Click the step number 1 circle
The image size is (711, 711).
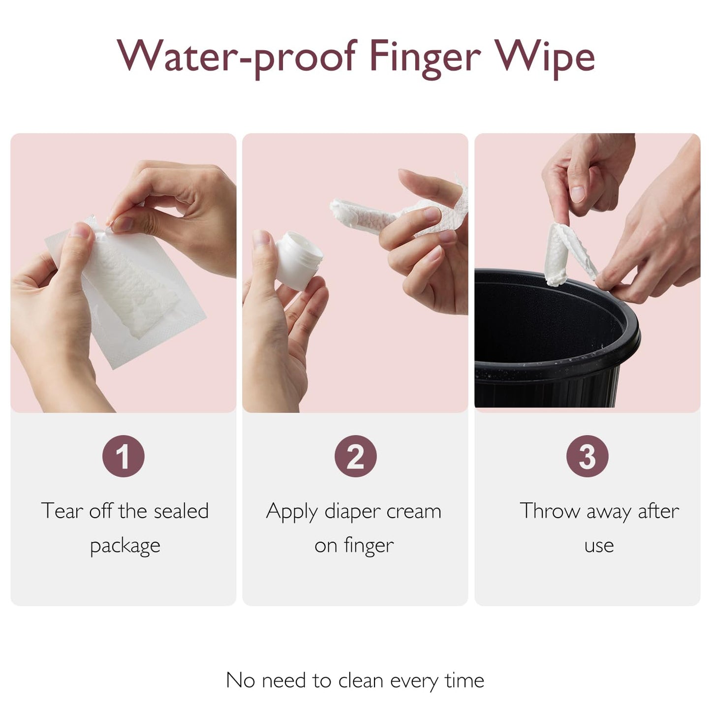click(124, 456)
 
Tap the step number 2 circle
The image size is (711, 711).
click(355, 456)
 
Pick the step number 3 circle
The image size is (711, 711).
click(587, 456)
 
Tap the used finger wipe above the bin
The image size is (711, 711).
click(566, 253)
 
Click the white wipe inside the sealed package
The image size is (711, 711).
click(130, 285)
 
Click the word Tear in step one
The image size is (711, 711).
click(62, 511)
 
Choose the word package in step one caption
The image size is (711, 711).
click(125, 546)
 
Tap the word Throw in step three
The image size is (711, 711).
click(550, 511)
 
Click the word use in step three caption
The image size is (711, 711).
click(599, 546)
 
